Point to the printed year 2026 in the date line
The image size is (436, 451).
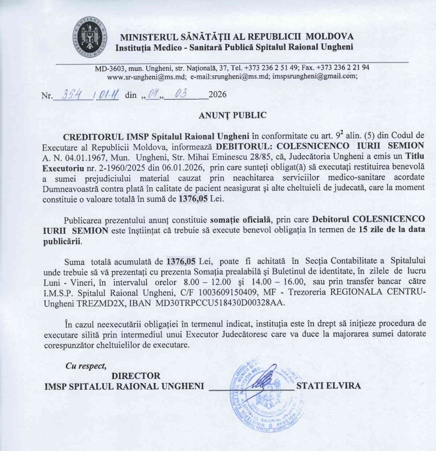pos(217,94)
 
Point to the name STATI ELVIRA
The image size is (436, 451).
pos(329,386)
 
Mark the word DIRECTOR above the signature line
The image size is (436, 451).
pos(136,376)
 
